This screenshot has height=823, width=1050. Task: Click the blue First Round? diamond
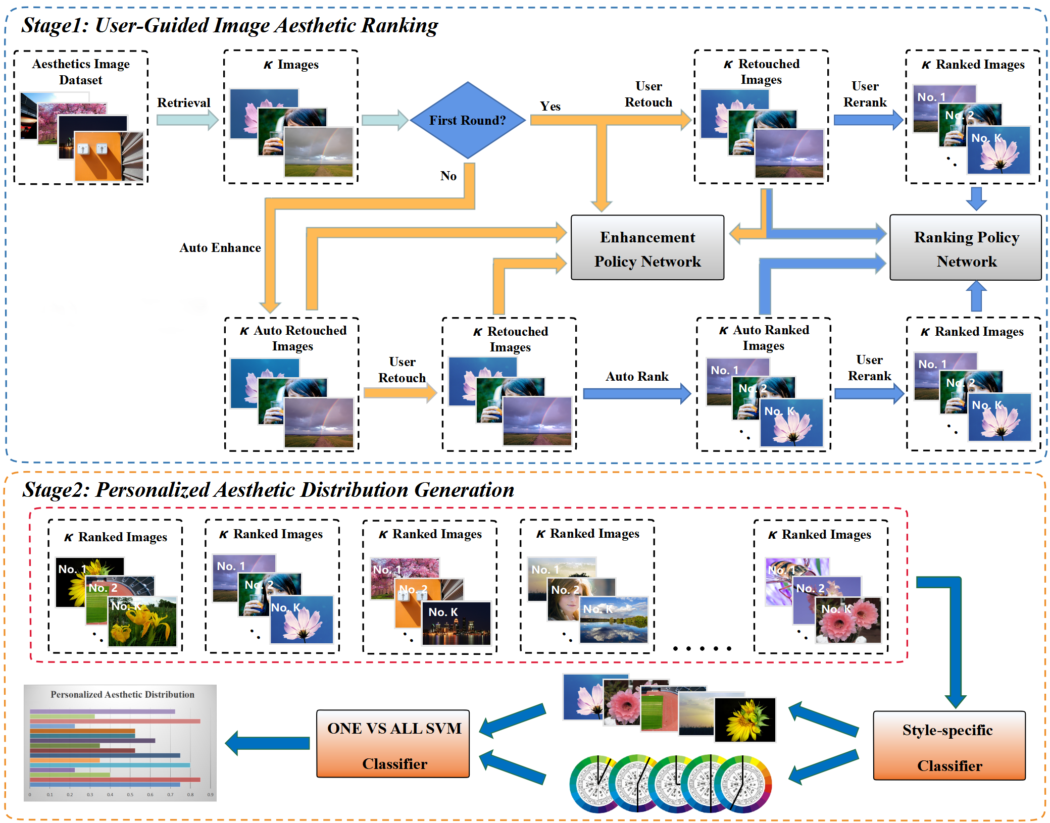click(x=468, y=120)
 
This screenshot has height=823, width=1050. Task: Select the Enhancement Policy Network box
click(x=647, y=248)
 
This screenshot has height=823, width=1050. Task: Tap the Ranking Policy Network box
click(x=965, y=248)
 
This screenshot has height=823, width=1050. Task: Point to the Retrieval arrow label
click(x=183, y=103)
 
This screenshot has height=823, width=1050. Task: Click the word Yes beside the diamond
click(x=550, y=107)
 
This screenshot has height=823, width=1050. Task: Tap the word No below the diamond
click(x=448, y=176)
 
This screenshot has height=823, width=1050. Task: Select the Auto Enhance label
click(x=220, y=248)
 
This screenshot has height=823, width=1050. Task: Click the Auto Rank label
click(x=637, y=377)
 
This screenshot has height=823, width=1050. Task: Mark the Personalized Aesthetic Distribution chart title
click(x=122, y=695)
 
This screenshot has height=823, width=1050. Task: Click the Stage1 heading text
click(x=230, y=26)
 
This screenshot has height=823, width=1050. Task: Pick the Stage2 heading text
click(x=268, y=490)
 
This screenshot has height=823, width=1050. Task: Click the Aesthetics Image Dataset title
click(x=81, y=72)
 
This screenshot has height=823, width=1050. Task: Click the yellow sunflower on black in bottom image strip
click(x=745, y=720)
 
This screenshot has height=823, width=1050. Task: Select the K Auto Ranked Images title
click(x=764, y=338)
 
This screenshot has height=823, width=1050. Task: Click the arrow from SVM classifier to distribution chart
click(x=268, y=743)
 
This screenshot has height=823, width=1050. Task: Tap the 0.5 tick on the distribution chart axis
click(x=130, y=795)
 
